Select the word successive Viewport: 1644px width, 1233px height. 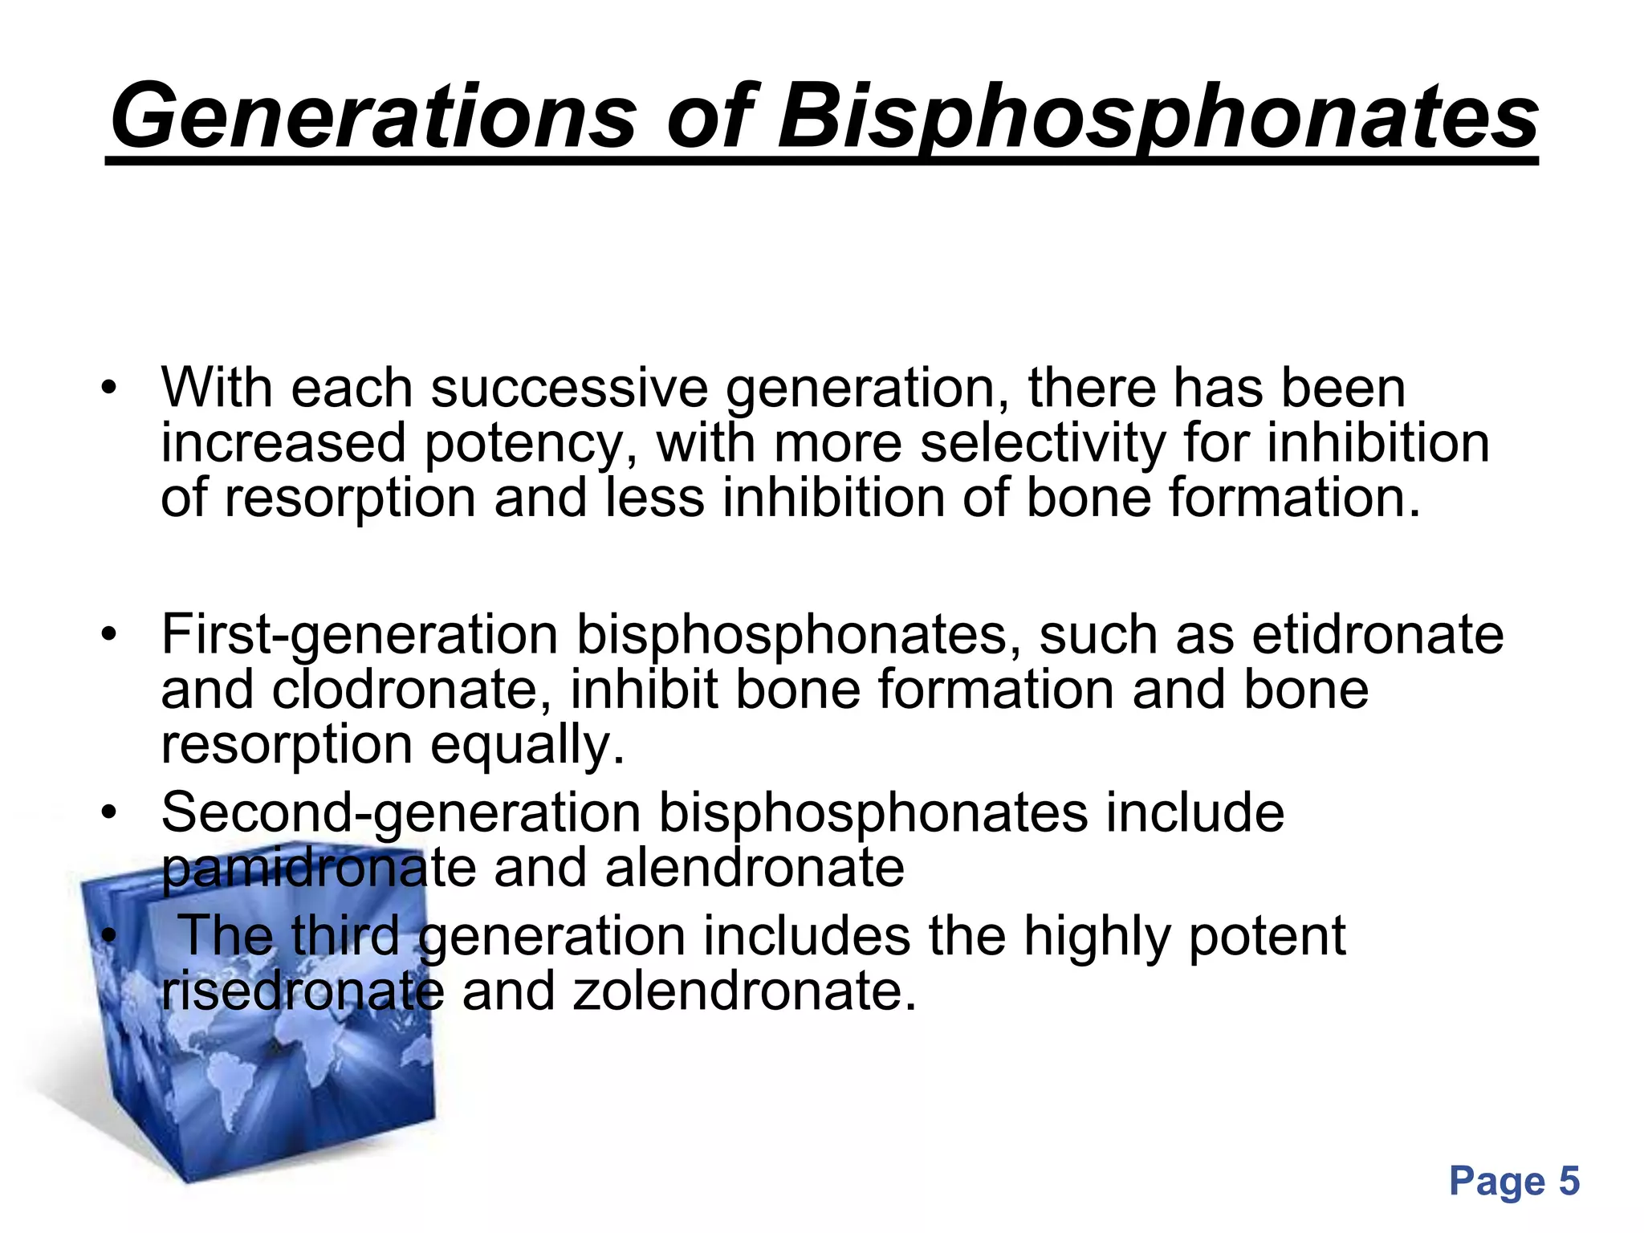click(x=569, y=389)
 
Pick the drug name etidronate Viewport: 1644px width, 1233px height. click(x=1377, y=635)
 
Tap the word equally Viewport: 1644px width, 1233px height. click(x=527, y=746)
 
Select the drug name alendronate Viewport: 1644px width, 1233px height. click(x=755, y=869)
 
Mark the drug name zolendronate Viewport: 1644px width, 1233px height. click(x=744, y=991)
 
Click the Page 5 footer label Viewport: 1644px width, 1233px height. click(x=1514, y=1181)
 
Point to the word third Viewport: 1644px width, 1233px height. click(x=344, y=936)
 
